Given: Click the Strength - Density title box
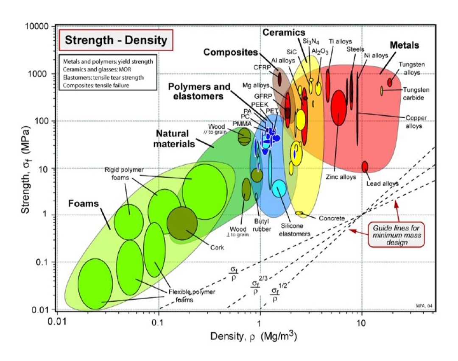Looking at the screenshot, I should pyautogui.click(x=116, y=40).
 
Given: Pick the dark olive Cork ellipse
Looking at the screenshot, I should pyautogui.click(x=182, y=223).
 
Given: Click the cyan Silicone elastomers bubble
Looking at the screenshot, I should pyautogui.click(x=279, y=189).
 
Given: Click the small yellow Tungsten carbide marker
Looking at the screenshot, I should pyautogui.click(x=382, y=90).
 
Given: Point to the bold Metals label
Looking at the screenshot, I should pyautogui.click(x=404, y=45).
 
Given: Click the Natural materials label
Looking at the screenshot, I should pyautogui.click(x=175, y=139).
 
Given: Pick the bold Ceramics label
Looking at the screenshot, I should pyautogui.click(x=284, y=32).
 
